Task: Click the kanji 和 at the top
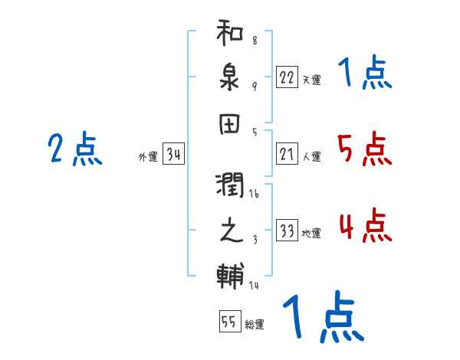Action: coord(231,34)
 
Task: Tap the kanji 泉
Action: coord(231,78)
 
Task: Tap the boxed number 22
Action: coord(287,77)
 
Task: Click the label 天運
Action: coord(311,79)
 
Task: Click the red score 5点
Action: coord(364,149)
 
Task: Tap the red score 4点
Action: coord(364,227)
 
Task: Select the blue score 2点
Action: coord(75,149)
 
